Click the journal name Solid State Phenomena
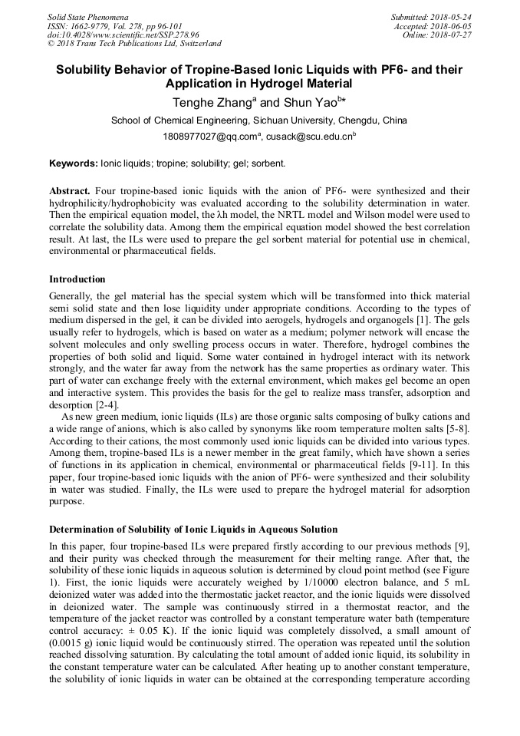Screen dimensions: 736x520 pyautogui.click(x=87, y=17)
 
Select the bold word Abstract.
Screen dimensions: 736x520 pyautogui.click(x=70, y=190)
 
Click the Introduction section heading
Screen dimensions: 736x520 pyautogui.click(x=77, y=279)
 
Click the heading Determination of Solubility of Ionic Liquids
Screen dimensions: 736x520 pyautogui.click(x=193, y=530)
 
